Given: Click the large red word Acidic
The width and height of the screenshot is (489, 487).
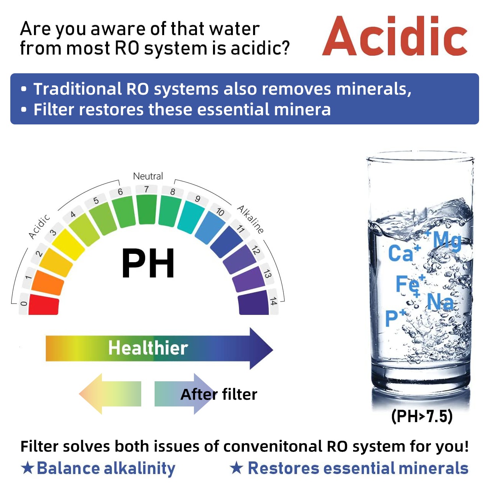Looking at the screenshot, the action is pos(395,35).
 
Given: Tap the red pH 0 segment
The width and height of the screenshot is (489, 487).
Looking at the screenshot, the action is pos(44,304).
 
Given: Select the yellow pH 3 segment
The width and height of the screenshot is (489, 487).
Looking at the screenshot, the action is pos(68,244).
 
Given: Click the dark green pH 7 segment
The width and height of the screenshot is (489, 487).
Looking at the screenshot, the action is pos(147,210).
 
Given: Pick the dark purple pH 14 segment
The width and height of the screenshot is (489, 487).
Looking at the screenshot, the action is pos(253,303).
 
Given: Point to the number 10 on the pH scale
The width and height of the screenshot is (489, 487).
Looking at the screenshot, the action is pos(220,212).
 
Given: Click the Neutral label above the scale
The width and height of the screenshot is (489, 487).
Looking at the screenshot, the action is pos(148,176).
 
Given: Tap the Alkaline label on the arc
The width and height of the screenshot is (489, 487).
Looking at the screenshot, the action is pos(250,219).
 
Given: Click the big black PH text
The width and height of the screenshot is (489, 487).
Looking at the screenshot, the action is pos(148,263).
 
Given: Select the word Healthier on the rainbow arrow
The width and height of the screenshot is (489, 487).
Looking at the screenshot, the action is pos(148,348).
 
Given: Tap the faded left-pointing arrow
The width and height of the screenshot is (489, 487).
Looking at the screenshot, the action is pos(110,393).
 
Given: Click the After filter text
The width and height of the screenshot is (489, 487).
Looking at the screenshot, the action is pos(219,394).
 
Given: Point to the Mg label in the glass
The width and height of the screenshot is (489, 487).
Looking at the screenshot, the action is pos(447,240).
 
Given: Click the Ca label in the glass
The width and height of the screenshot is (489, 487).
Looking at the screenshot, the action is pos(400,253).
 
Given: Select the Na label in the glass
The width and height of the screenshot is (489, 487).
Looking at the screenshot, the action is pos(440,302).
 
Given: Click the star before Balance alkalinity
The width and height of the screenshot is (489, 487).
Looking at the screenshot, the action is pos(27,468).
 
